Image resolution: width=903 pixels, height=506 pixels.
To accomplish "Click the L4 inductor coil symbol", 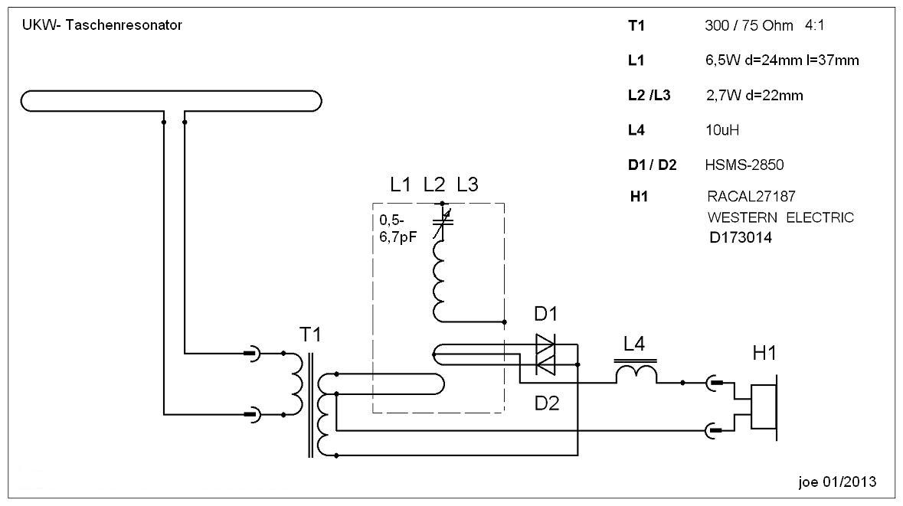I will tap(636, 373).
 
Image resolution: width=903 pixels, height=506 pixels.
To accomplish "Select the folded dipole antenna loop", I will tap(171, 101).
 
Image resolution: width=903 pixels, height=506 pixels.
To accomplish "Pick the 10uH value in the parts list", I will tap(721, 130).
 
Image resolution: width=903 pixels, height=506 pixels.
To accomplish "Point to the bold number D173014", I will tap(741, 238).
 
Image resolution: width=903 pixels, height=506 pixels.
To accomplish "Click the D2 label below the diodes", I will tap(547, 403).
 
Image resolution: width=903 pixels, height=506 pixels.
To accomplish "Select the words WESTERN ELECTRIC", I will tap(780, 217).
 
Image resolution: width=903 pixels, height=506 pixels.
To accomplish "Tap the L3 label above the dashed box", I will tap(467, 184).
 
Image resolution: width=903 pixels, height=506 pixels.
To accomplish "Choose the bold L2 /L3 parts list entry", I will tap(649, 96).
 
